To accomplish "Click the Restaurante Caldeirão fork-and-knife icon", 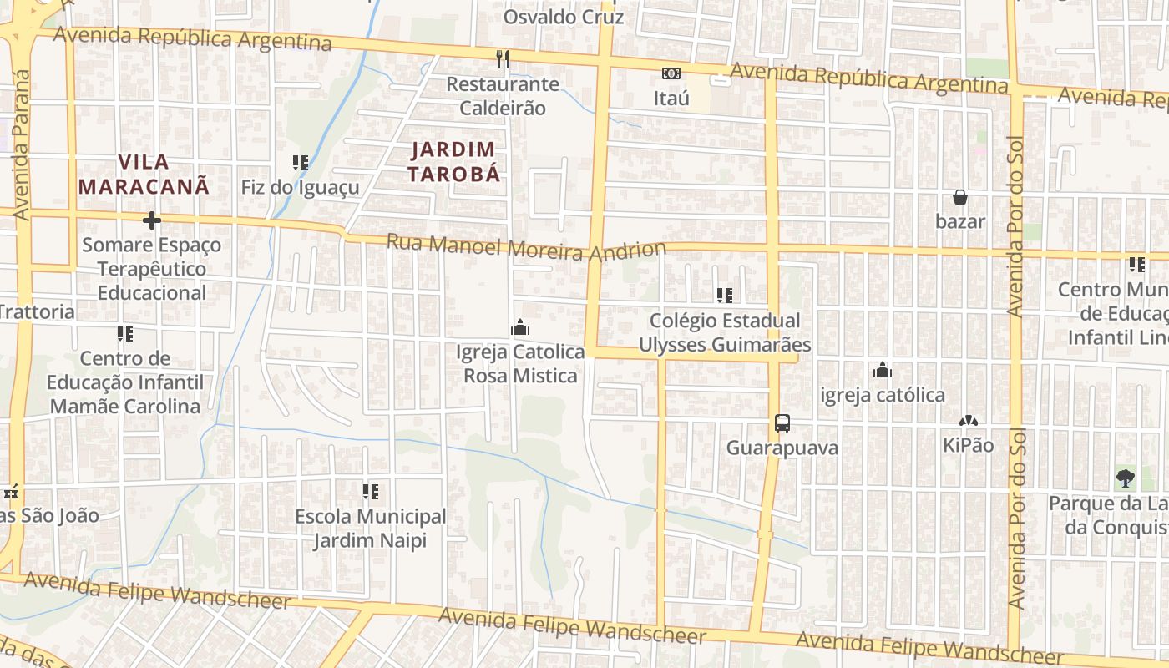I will tap(502, 58).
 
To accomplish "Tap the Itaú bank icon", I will tap(671, 73).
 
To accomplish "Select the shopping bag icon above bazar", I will tap(960, 197).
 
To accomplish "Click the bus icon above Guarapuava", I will tap(782, 423).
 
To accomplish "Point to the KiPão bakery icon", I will tap(969, 422).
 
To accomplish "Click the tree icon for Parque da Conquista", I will tap(1126, 479).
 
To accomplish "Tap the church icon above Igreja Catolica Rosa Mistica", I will tap(520, 327).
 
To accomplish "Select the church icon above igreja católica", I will tap(883, 371).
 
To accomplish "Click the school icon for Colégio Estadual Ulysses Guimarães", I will tap(725, 295).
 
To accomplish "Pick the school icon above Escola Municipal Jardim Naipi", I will tap(371, 492).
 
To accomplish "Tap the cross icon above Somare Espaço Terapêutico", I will tap(151, 220).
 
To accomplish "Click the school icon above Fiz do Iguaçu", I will tap(301, 162).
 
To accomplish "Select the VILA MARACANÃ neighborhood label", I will tap(144, 174).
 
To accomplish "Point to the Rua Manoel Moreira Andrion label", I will tap(526, 247).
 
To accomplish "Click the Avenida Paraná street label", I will tap(21, 146).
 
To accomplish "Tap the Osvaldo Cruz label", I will tap(564, 16).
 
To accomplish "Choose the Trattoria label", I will tap(37, 312).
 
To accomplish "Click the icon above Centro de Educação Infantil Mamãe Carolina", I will tap(125, 335).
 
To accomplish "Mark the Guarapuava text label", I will tap(782, 448).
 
